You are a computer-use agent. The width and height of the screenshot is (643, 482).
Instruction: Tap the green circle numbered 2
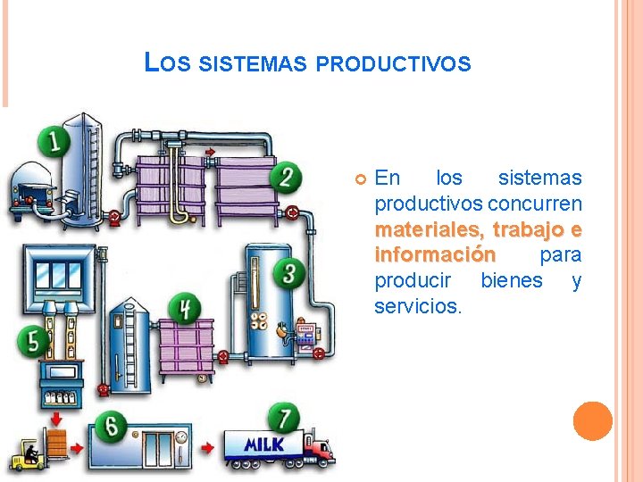(286, 175)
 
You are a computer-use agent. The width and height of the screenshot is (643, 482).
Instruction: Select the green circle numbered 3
(288, 271)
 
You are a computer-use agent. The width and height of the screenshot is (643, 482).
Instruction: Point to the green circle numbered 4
(185, 309)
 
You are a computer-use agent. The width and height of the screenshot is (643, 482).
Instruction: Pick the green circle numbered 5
(34, 340)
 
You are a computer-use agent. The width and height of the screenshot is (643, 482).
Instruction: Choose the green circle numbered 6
(112, 425)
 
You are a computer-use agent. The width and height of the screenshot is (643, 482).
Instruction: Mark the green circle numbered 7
(284, 419)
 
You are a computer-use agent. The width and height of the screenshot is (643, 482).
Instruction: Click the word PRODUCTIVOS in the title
(393, 64)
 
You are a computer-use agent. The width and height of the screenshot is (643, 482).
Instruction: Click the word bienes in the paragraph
(511, 280)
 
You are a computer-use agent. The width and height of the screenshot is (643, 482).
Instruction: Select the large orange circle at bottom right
(592, 421)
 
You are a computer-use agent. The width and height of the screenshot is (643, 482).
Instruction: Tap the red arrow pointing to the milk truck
(205, 446)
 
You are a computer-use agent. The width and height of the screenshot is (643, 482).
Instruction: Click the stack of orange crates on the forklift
(57, 444)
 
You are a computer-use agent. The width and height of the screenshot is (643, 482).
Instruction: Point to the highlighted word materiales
(429, 229)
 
